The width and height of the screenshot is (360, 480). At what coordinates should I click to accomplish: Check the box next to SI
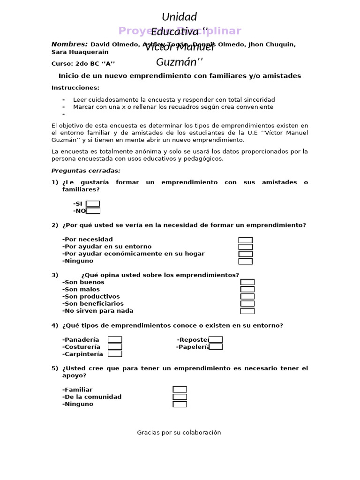tap(93, 203)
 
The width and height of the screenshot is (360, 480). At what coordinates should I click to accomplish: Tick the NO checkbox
tap(93, 210)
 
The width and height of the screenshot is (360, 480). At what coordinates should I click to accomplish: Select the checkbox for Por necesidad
tap(245, 240)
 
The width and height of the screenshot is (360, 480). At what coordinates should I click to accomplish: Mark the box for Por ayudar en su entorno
tap(245, 247)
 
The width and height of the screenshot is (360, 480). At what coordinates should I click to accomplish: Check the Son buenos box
tap(247, 282)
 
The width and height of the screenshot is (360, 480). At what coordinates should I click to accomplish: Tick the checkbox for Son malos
tap(247, 289)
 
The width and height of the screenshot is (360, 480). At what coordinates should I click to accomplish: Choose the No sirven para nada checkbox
tap(247, 311)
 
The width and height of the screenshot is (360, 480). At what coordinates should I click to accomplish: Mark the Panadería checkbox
tap(115, 339)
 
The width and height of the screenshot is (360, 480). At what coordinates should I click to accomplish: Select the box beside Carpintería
tap(115, 354)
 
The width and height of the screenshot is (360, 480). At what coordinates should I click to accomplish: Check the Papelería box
tap(216, 347)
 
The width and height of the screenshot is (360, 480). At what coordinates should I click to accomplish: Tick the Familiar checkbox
tap(180, 390)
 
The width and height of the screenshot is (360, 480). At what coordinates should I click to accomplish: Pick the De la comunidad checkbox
tap(180, 397)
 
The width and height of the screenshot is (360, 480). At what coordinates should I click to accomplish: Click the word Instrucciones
tap(75, 88)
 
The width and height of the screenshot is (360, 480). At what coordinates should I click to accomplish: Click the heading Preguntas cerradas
tap(86, 171)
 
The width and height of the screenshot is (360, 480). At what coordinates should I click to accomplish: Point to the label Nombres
tap(69, 45)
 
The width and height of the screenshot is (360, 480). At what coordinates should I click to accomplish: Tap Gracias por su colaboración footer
tap(179, 433)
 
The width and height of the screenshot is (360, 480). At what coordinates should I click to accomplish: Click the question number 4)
tap(55, 325)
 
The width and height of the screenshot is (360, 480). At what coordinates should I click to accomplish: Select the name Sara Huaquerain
tap(80, 52)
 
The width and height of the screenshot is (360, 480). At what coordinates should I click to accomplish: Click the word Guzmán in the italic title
tap(176, 62)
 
